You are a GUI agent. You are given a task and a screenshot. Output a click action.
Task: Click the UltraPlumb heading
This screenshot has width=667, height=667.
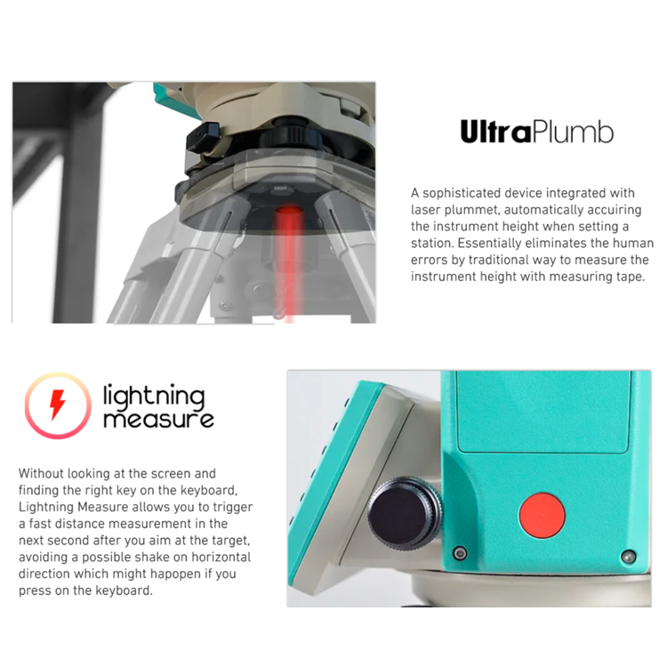coord(537,132)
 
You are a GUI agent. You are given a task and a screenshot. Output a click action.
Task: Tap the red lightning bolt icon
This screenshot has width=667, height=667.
coord(58,405)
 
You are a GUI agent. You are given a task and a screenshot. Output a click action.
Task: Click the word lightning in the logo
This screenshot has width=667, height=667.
coord(154,396)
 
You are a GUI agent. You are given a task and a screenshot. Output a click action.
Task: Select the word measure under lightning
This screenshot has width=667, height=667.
coord(158,419)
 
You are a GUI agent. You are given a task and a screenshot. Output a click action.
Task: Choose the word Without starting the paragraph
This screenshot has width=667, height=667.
coord(41,473)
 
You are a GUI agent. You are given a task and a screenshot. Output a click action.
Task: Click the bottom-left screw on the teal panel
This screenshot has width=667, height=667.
coord(460,553)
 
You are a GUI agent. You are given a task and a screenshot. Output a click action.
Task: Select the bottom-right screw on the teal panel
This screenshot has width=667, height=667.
coord(629,557)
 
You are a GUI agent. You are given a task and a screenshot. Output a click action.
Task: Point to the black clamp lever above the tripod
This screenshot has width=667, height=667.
coord(203,137)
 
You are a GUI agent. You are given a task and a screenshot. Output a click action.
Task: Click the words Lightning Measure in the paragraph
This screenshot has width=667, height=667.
coord(73,507)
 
